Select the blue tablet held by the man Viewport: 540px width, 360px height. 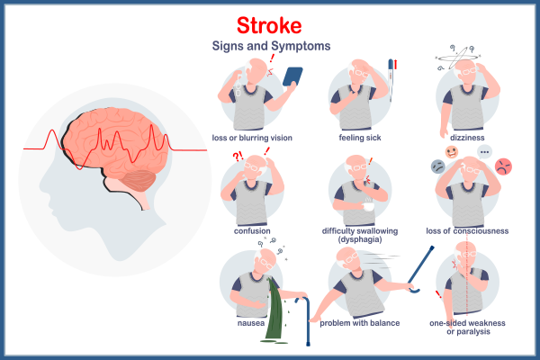tap(292, 76)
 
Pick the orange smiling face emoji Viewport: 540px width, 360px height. tap(452, 151)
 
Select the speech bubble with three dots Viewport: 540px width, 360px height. tap(484, 151)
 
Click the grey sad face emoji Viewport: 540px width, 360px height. tap(437, 166)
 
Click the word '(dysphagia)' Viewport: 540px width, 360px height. tap(358, 240)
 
